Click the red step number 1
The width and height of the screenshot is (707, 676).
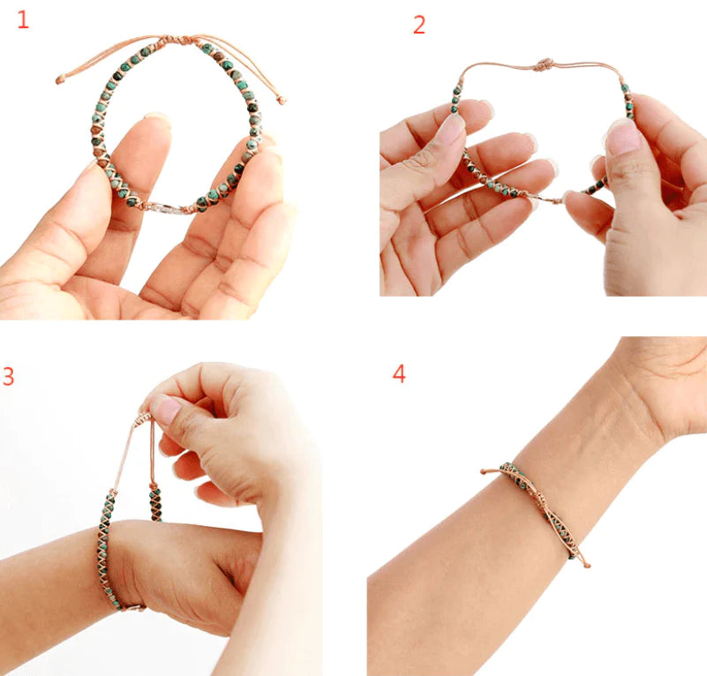23,19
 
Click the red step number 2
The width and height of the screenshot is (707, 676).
419,26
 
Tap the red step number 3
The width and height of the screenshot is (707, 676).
8,376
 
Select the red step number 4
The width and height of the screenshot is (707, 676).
399,373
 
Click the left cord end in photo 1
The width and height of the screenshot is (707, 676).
60,80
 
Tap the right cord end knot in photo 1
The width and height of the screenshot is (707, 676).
282,101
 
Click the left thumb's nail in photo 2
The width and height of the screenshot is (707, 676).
452,129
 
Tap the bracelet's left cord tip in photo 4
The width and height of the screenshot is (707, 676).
484,471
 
